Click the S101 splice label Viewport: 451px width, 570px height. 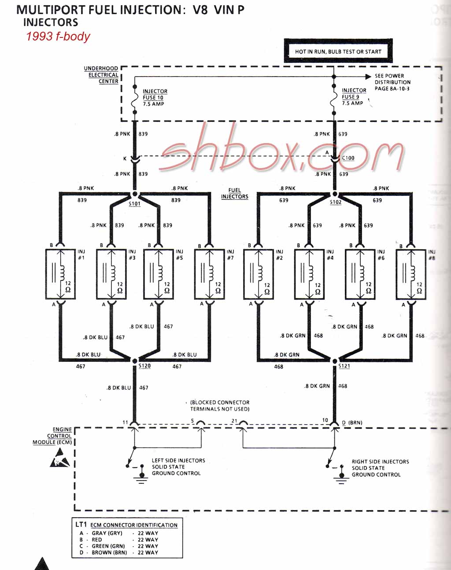pos(134,204)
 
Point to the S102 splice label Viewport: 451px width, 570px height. pos(336,202)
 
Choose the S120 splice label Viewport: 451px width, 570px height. pos(145,366)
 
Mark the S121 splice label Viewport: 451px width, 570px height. pos(344,366)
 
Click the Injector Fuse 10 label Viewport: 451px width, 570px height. pos(155,97)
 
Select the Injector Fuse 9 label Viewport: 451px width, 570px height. pos(354,97)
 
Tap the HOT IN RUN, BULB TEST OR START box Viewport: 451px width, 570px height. pos(338,51)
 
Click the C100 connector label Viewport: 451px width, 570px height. pos(348,158)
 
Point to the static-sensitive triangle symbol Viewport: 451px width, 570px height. pos(60,458)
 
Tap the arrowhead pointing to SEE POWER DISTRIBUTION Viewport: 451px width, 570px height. pos(368,77)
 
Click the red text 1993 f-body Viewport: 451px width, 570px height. pos(58,36)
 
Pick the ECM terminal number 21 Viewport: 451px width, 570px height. pos(234,421)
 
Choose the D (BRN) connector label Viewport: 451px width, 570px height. pos(352,423)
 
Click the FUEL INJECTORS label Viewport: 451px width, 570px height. pos(235,193)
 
